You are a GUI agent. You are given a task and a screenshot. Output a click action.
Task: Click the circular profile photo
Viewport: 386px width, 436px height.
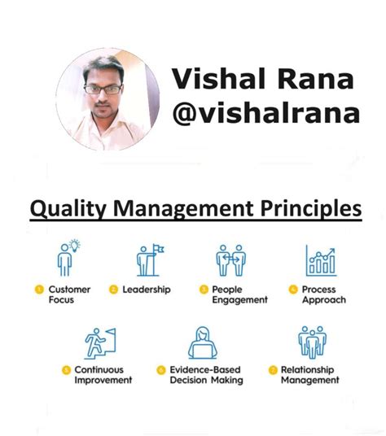(x=107, y=100)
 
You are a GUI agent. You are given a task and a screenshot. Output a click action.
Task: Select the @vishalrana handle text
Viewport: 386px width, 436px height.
(x=264, y=113)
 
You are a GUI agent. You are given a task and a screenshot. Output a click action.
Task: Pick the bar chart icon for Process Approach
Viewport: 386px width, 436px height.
(x=320, y=259)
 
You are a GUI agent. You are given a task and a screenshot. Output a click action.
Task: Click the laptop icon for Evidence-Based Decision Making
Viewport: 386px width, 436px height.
(x=202, y=342)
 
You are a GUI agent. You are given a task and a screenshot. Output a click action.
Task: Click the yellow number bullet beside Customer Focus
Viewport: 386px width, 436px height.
(x=38, y=290)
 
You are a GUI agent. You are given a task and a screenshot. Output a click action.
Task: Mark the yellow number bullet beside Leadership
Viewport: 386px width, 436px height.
(x=114, y=290)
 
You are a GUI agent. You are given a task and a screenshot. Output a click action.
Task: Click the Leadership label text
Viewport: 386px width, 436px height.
(x=147, y=290)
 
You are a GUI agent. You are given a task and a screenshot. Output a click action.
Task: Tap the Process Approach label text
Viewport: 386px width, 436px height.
(x=323, y=294)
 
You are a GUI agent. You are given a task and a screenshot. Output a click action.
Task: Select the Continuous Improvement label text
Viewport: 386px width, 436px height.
(x=103, y=375)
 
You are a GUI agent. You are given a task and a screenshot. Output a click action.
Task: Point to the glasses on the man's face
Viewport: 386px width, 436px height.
(x=103, y=87)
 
